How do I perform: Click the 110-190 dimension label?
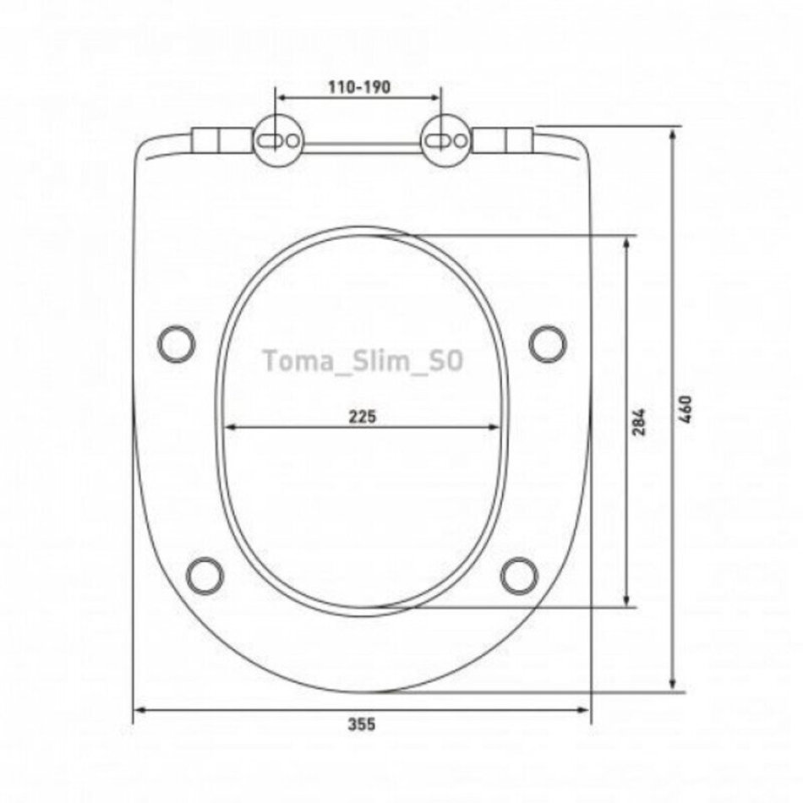(x=359, y=87)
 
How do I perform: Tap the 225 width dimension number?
(x=363, y=417)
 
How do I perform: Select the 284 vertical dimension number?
(x=639, y=422)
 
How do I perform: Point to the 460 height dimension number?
(x=686, y=409)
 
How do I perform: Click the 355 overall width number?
(x=362, y=724)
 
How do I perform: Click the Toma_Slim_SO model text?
(x=363, y=361)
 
